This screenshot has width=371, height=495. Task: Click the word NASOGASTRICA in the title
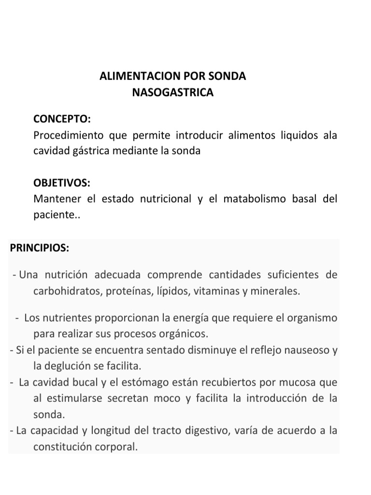(x=172, y=92)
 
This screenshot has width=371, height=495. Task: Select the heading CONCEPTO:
(x=61, y=119)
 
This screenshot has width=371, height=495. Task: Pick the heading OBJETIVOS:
(x=61, y=184)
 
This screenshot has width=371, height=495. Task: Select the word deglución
(x=67, y=366)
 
